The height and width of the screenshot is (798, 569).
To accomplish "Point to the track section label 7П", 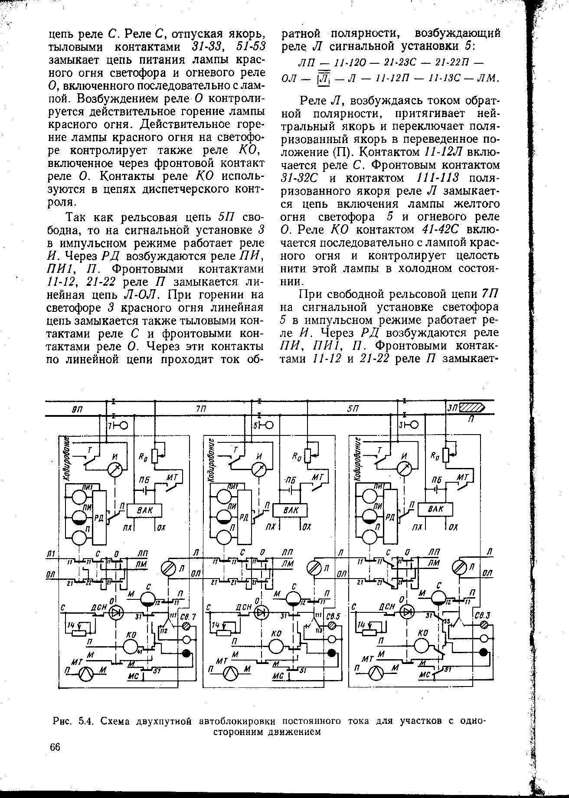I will coord(201,409).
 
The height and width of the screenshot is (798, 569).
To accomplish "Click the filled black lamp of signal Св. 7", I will coord(187,653).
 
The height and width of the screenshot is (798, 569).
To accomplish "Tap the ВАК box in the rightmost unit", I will coord(435,509).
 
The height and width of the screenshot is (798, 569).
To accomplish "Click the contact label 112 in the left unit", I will coord(164,630).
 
